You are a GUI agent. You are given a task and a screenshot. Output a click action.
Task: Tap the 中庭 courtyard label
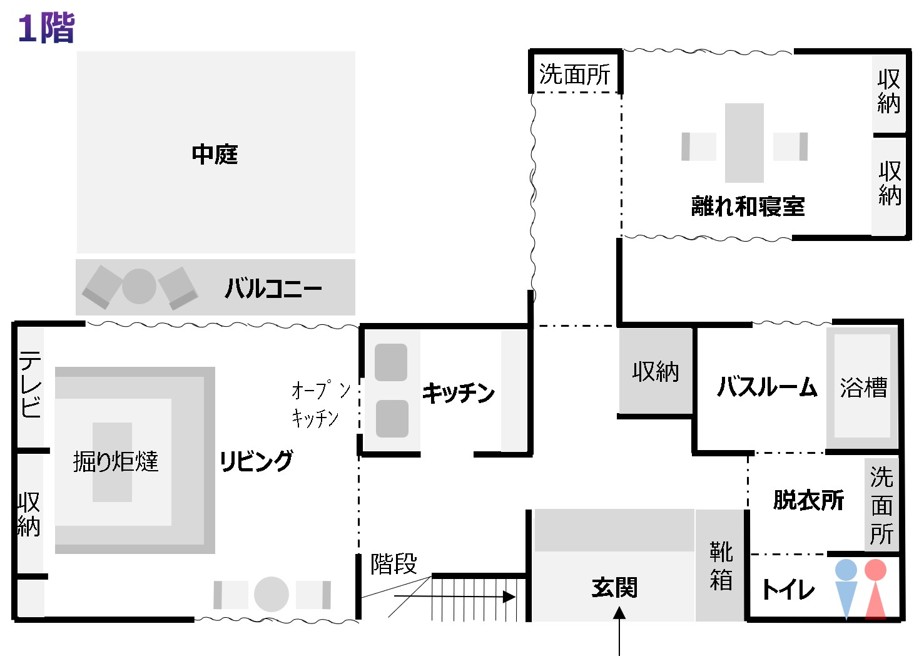pos(215,154)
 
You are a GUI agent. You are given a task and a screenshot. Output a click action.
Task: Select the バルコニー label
pos(273,289)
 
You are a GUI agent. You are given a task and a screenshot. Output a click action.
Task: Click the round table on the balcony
pos(139,287)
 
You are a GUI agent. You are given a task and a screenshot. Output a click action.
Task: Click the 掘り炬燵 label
pos(116,461)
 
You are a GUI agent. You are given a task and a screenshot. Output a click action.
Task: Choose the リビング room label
pos(256,461)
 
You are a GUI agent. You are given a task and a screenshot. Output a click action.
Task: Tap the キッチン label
pos(458,392)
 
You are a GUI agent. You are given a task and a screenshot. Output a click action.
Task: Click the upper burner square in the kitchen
pos(391,362)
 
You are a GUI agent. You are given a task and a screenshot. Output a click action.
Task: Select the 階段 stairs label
pos(394,563)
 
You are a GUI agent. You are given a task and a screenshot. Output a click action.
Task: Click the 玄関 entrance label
pos(614,588)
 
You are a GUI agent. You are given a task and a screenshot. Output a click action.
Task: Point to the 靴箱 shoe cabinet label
pos(721,566)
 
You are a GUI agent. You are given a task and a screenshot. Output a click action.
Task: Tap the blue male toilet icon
pos(846,588)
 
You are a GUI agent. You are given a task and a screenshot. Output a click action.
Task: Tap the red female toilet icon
pos(875,588)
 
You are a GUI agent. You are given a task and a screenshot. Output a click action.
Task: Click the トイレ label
pos(788,589)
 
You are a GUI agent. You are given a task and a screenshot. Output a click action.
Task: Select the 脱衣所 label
pos(808,500)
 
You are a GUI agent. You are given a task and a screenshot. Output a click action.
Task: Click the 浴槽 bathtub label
pos(863,387)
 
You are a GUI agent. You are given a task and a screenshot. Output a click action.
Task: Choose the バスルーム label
pos(767,387)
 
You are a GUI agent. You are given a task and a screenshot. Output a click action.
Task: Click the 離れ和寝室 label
pos(748,206)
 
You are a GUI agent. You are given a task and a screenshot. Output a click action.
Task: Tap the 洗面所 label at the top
pos(574,74)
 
